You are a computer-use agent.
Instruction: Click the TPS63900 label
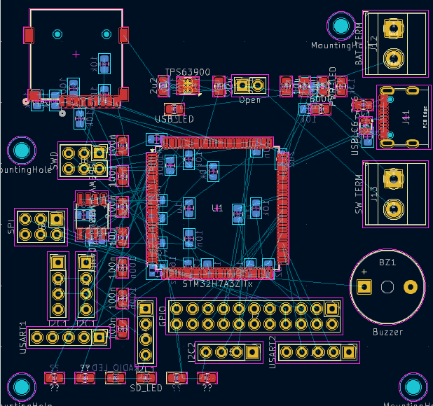pyautogui.click(x=187, y=72)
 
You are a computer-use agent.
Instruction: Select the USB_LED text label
pyautogui.click(x=174, y=119)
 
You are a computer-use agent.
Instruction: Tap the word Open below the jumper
pyautogui.click(x=249, y=100)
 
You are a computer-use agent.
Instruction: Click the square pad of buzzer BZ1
pyautogui.click(x=364, y=286)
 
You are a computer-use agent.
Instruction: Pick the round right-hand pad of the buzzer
pyautogui.click(x=411, y=286)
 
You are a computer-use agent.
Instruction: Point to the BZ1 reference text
pyautogui.click(x=387, y=262)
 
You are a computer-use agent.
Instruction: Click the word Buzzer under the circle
pyautogui.click(x=387, y=332)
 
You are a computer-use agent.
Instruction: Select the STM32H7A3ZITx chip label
pyautogui.click(x=217, y=283)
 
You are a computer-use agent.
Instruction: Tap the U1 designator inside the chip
pyautogui.click(x=217, y=208)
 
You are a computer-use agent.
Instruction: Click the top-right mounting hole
pyautogui.click(x=341, y=26)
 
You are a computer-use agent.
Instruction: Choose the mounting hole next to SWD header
pyautogui.click(x=22, y=150)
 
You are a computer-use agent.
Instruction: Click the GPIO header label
pyautogui.click(x=162, y=317)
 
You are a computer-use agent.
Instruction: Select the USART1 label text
pyautogui.click(x=23, y=337)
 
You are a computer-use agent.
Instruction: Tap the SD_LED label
pyautogui.click(x=146, y=388)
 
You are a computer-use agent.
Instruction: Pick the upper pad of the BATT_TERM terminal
pyautogui.click(x=394, y=30)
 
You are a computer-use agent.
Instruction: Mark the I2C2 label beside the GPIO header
pyautogui.click(x=191, y=353)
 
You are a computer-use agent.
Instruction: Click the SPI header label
pyautogui.click(x=11, y=226)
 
